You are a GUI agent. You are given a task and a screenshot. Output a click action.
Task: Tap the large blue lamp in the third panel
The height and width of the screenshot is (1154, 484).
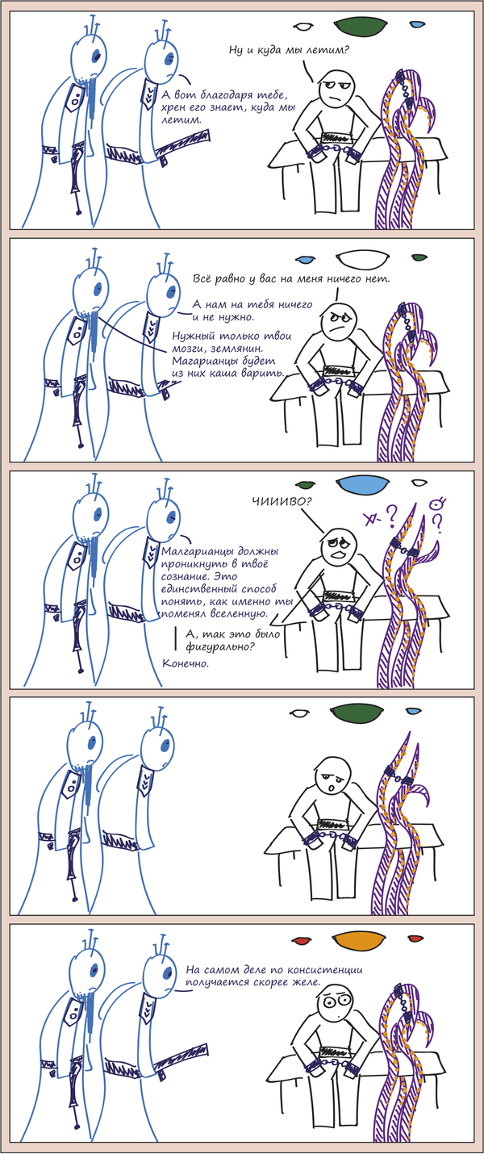coord(362,485)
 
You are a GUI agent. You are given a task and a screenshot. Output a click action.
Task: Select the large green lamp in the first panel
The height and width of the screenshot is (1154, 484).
coord(361,27)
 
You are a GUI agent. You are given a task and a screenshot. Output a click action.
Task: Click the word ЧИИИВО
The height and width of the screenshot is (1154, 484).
coord(282,500)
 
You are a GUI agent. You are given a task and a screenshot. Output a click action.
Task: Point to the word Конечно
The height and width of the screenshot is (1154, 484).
coord(186,663)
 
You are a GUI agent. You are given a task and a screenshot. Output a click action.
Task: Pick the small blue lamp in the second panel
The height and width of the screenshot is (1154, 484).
coord(307,257)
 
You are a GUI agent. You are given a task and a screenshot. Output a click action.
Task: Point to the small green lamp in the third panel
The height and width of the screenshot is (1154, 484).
coord(306,484)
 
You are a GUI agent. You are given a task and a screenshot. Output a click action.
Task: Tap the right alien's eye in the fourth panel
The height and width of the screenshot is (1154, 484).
coord(165,746)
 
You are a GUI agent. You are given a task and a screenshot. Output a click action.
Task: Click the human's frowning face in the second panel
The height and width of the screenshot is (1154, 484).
coord(336,320)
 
